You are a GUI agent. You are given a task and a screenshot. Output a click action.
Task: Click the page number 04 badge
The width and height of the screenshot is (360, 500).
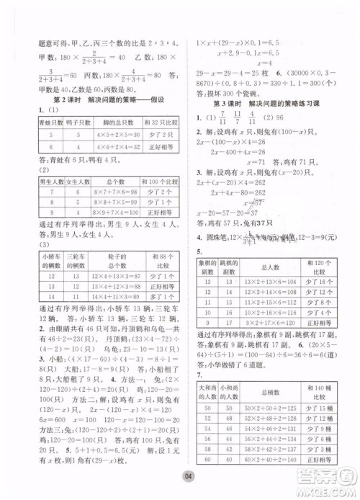(186, 478)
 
